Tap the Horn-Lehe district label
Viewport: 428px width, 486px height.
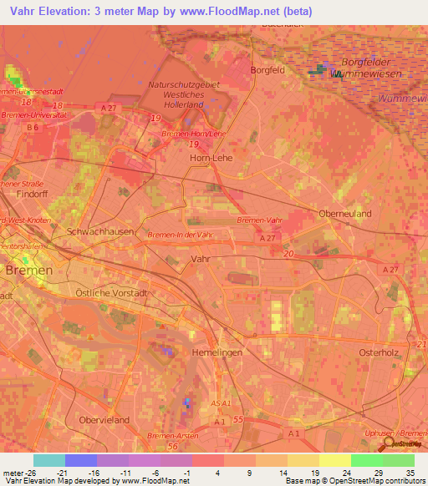point(210,157)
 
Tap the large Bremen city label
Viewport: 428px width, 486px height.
point(28,271)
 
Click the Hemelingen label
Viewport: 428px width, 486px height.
point(217,353)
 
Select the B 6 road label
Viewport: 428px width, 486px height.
point(33,127)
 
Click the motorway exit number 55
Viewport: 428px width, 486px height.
point(238,418)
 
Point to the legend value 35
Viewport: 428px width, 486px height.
point(410,472)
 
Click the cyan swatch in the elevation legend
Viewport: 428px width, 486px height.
point(48,460)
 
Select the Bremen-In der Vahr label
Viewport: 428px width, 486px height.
point(178,236)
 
